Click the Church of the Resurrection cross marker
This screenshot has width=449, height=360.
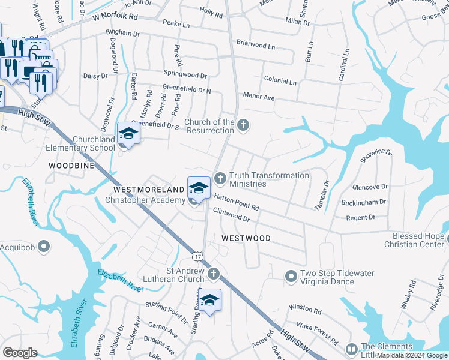click(x=243, y=125)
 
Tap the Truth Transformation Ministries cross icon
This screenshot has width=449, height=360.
click(x=220, y=178)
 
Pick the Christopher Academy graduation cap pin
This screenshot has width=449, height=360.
click(x=199, y=188)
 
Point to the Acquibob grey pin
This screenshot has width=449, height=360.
click(x=43, y=246)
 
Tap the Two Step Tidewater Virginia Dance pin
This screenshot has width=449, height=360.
click(x=291, y=276)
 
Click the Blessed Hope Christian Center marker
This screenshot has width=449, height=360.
click(x=445, y=240)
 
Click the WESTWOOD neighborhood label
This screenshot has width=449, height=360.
click(x=246, y=238)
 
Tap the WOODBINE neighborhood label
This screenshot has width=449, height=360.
click(x=71, y=164)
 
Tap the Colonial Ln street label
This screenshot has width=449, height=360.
click(x=280, y=81)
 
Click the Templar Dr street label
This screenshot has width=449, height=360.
click(x=322, y=195)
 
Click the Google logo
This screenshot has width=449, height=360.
click(x=20, y=353)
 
